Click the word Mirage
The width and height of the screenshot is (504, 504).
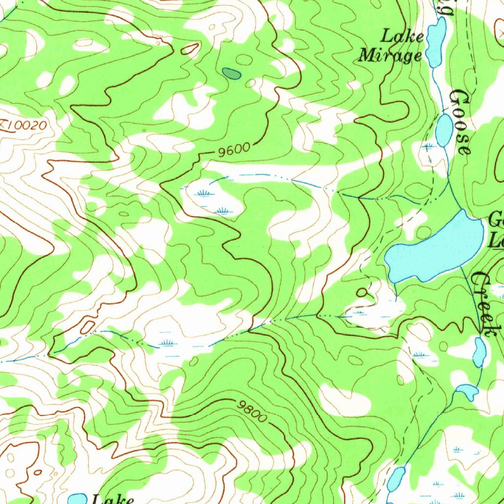(390, 55)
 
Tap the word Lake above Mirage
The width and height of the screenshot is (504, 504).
(403, 36)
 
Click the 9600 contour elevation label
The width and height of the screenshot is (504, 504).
(234, 150)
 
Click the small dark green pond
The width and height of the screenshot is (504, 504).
(231, 74)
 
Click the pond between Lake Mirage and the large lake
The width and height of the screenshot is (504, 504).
(443, 130)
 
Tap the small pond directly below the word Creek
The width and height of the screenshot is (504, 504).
(479, 352)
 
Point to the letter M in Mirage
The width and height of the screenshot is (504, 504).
(367, 55)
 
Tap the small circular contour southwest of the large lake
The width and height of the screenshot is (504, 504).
(362, 292)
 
